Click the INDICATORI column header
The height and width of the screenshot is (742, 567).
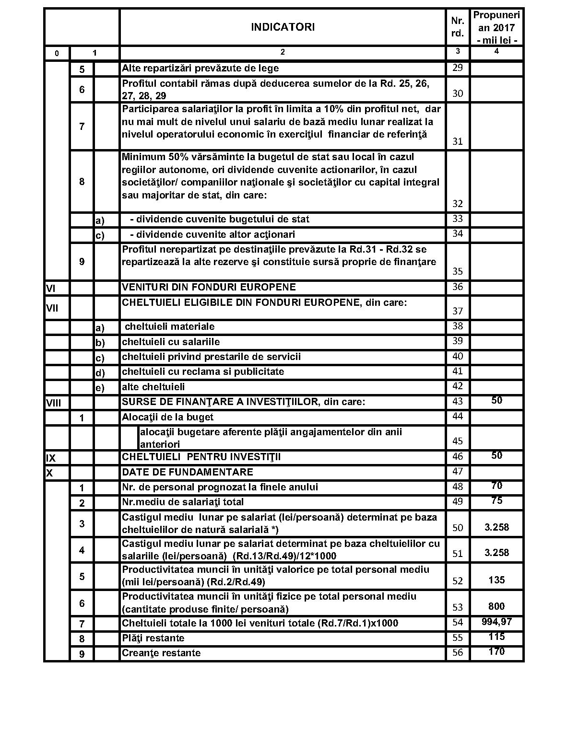coord(283,27)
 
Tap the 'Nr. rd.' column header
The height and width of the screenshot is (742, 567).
coord(458,27)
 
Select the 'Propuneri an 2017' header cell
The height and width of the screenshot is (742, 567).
coord(496,27)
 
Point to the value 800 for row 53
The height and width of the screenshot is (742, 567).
coord(496,606)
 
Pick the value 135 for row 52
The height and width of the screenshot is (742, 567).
coord(496,580)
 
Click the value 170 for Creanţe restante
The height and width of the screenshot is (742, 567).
coord(496,651)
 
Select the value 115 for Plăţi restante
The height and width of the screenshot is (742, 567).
coord(496,637)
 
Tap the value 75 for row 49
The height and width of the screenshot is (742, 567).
coord(496,500)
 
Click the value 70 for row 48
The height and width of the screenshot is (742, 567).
coord(496,486)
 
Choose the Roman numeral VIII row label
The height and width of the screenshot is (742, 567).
coord(53,403)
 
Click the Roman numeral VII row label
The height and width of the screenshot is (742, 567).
coord(52,308)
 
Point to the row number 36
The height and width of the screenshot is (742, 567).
coord(458,287)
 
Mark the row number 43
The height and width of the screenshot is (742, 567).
coord(458,401)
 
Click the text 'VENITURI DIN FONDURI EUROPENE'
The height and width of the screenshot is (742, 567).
coord(209,287)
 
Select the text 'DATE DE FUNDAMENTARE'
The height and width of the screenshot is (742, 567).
coord(188,472)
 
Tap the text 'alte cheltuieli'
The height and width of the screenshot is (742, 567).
coord(153,387)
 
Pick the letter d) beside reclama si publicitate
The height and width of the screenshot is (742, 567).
coord(100,372)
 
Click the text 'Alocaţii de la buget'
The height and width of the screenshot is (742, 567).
coord(167,417)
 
